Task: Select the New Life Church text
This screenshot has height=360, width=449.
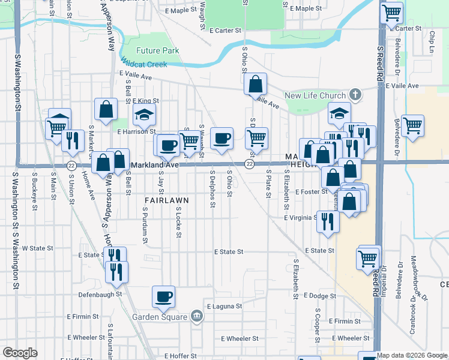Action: [315, 95]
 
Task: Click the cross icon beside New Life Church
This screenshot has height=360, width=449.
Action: [355, 95]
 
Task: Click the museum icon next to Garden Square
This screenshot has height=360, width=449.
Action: [196, 316]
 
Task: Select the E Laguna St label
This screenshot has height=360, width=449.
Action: [224, 306]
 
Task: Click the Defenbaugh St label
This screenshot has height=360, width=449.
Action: [100, 295]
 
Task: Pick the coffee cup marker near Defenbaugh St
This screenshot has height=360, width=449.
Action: [164, 296]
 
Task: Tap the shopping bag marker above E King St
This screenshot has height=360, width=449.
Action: [106, 109]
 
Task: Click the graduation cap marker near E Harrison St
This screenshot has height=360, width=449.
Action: [144, 114]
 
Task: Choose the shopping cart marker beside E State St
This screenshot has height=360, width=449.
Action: [368, 258]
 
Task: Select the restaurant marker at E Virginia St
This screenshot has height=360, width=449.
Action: [328, 221]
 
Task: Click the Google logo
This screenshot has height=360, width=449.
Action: [20, 353]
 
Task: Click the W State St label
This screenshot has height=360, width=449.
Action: [37, 248]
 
